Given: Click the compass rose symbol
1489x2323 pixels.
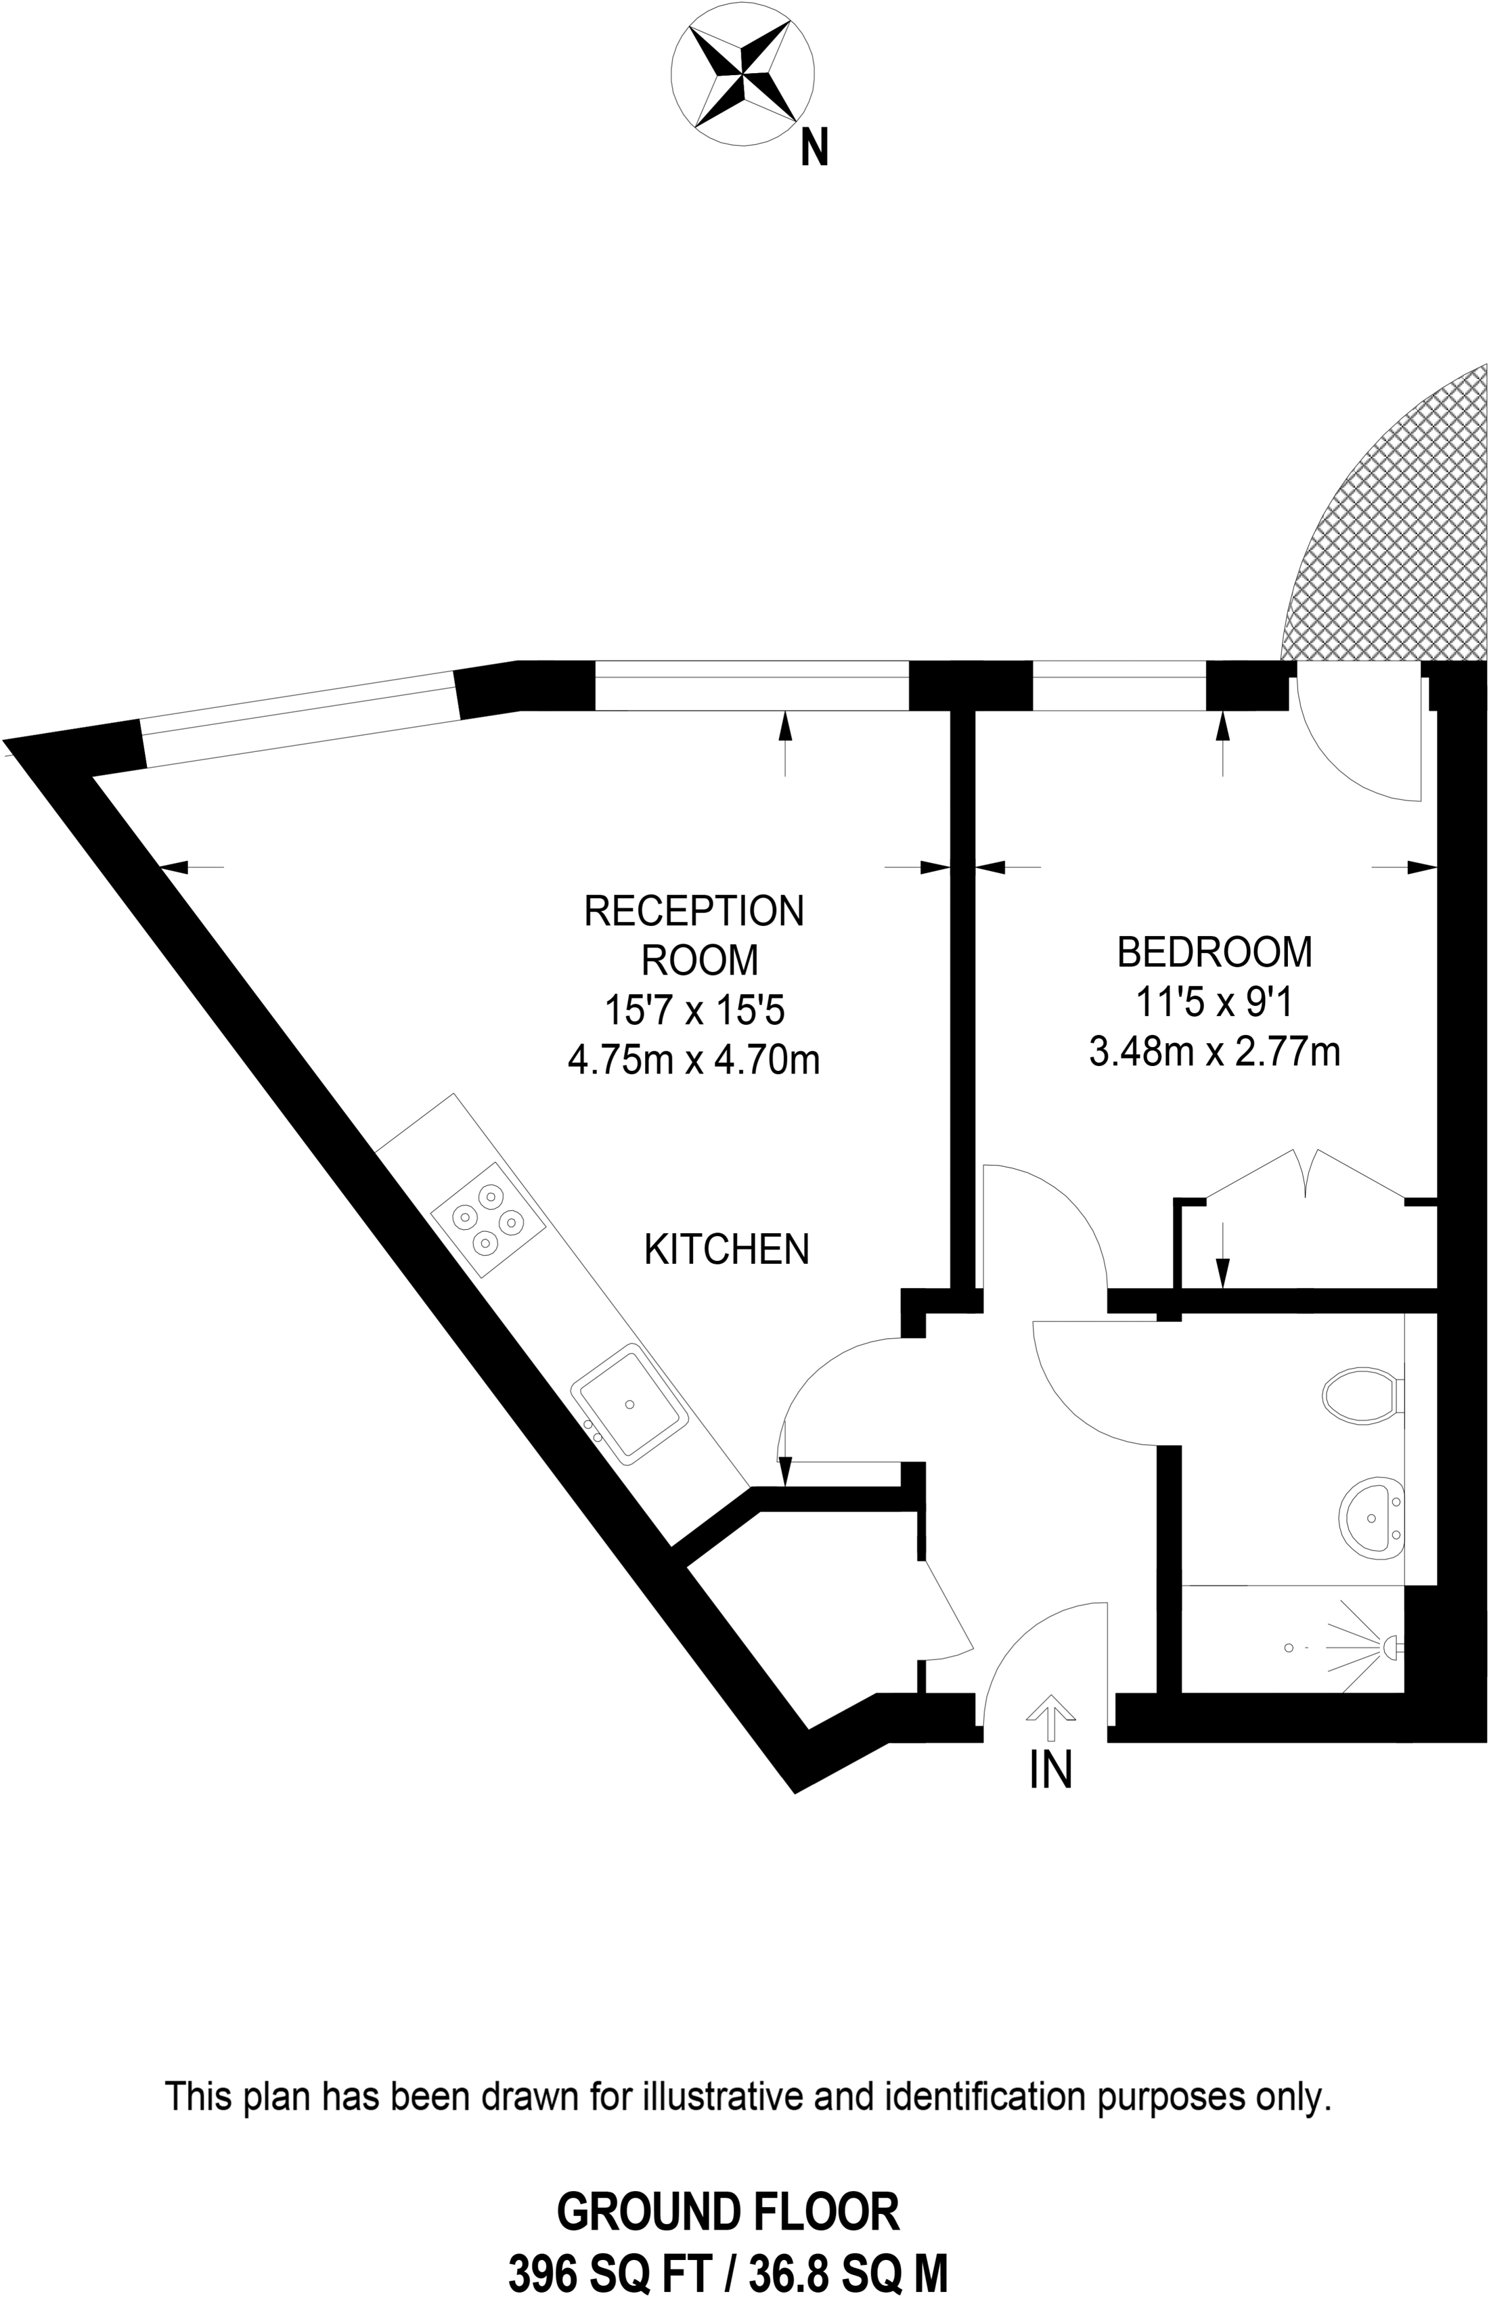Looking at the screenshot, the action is (x=742, y=74).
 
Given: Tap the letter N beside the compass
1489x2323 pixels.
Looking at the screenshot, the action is (x=815, y=149).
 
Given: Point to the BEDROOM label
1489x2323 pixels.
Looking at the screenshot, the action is (x=1214, y=952).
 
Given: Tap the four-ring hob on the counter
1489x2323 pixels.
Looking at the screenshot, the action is (x=489, y=1220).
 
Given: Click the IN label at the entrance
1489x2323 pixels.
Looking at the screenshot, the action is (x=1051, y=1770).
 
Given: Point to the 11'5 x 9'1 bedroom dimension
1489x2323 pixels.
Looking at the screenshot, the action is (x=1214, y=1002).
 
